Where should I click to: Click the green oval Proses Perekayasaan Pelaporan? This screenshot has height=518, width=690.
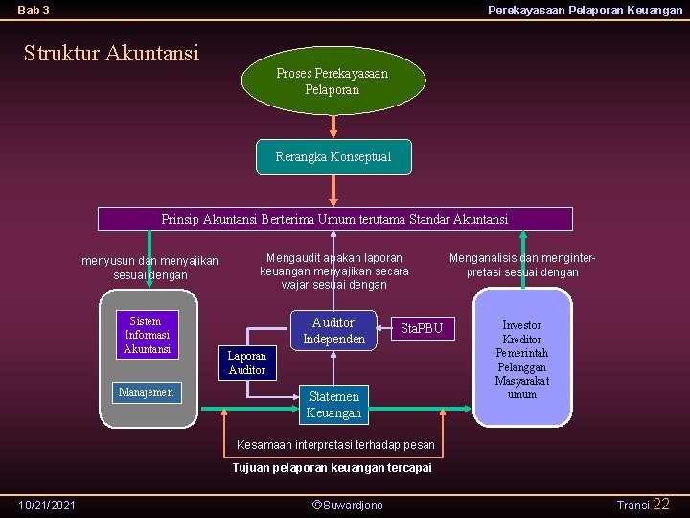pyautogui.click(x=332, y=81)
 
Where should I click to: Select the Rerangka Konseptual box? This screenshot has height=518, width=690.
pyautogui.click(x=333, y=156)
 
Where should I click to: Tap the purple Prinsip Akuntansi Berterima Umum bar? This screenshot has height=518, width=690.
pyautogui.click(x=334, y=219)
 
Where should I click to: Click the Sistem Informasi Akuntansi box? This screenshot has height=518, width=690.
pyautogui.click(x=147, y=335)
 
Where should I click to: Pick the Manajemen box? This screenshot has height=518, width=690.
pyautogui.click(x=146, y=391)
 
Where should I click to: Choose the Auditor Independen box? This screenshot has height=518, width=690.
pyautogui.click(x=333, y=331)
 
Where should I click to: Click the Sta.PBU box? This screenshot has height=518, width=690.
pyautogui.click(x=422, y=328)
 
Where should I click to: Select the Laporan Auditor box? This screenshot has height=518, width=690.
pyautogui.click(x=246, y=363)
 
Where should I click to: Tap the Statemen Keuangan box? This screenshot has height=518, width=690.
pyautogui.click(x=333, y=405)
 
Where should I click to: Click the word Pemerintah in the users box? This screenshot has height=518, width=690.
pyautogui.click(x=521, y=353)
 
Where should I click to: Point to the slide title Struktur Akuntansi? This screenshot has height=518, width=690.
pyautogui.click(x=111, y=52)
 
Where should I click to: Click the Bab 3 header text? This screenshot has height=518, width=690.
pyautogui.click(x=34, y=11)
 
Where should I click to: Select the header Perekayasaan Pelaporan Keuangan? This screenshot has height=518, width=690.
pyautogui.click(x=585, y=11)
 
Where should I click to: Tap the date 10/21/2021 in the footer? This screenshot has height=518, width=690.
pyautogui.click(x=48, y=505)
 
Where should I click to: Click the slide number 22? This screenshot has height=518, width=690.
pyautogui.click(x=661, y=504)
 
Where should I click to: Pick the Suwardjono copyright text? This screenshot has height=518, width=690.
pyautogui.click(x=347, y=505)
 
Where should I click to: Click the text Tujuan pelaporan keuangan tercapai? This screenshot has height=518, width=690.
pyautogui.click(x=332, y=468)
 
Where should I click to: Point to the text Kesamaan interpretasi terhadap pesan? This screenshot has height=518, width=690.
pyautogui.click(x=335, y=445)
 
